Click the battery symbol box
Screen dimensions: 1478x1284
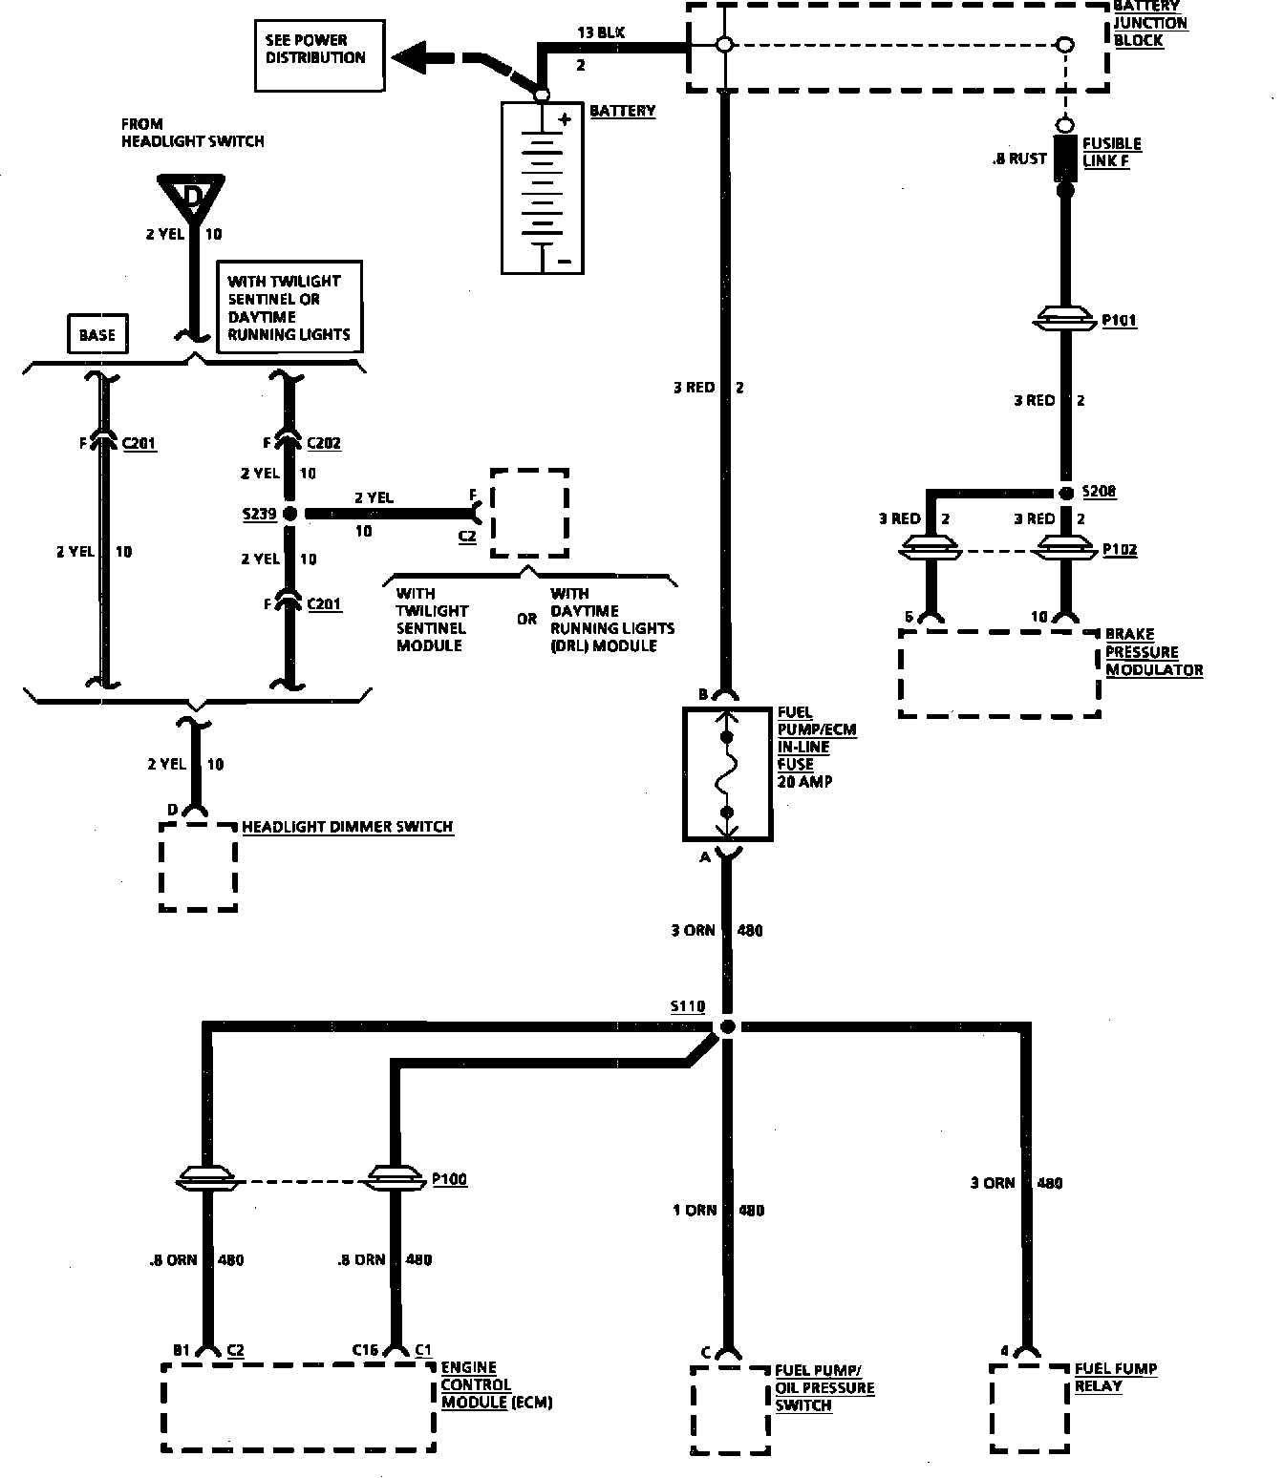[x=543, y=188]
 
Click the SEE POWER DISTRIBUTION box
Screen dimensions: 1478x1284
[x=320, y=56]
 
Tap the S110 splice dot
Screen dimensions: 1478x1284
[x=727, y=1027]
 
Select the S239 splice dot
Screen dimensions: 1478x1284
[x=291, y=514]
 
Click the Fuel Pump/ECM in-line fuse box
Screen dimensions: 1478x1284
[x=727, y=773]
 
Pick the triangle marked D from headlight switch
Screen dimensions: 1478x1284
[x=194, y=198]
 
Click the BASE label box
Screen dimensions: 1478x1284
[x=96, y=335]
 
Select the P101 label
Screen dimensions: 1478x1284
[x=1119, y=321]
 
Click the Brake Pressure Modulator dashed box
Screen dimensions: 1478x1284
[x=999, y=672]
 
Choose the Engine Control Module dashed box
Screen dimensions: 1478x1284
[x=299, y=1406]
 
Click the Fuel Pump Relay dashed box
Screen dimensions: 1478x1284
[x=1028, y=1406]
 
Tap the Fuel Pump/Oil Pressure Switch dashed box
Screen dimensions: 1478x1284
[x=729, y=1408]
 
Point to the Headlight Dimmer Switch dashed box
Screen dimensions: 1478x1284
[x=198, y=866]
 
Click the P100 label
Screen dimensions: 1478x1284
[x=449, y=1180]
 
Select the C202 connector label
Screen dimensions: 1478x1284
[x=324, y=443]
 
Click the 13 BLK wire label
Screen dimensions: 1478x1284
[x=600, y=32]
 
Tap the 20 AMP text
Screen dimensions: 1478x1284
[x=804, y=781]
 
